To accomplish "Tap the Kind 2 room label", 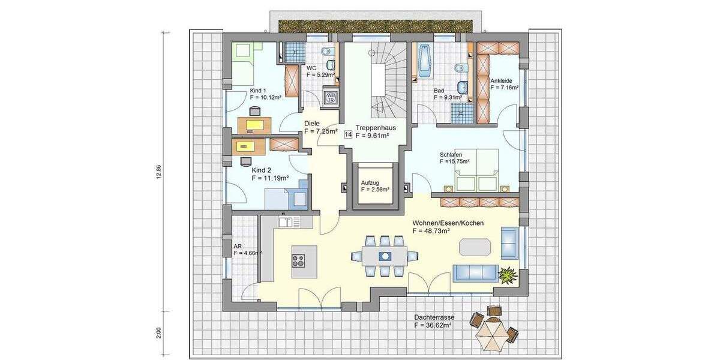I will (x=262, y=170).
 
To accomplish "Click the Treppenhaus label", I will (x=375, y=127).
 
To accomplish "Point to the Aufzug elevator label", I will (x=371, y=182).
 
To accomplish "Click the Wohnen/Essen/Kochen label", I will (x=448, y=223).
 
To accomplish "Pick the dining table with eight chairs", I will (x=384, y=255).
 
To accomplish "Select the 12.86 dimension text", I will (x=158, y=171).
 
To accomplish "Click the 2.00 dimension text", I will (x=158, y=332).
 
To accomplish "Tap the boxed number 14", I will (x=348, y=135).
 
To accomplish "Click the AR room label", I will (x=238, y=245).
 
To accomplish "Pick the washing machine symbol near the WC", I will (x=330, y=97).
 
